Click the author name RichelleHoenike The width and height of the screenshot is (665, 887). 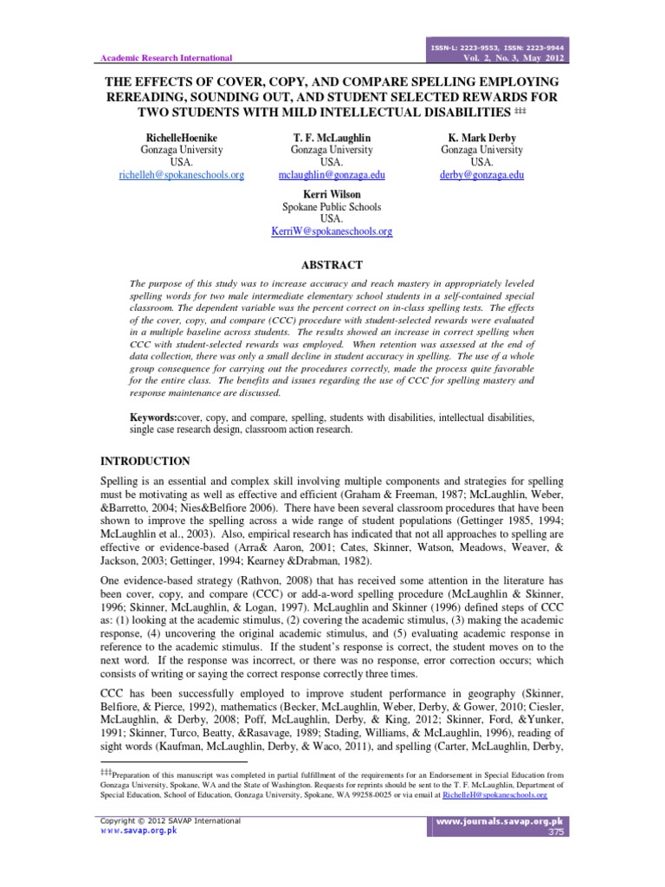182,137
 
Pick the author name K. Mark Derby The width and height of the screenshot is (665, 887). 482,137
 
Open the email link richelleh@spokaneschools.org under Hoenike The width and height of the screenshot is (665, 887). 182,174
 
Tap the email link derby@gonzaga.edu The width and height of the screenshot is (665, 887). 482,174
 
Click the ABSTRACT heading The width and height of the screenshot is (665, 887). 332,265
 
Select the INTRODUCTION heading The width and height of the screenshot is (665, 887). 145,461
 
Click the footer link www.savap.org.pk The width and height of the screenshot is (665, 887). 139,830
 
